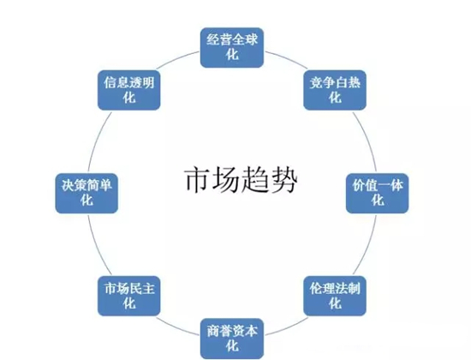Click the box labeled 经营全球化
[232, 47]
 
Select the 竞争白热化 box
[335, 90]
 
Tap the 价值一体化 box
[378, 194]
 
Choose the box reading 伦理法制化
[335, 296]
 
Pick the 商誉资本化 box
[232, 339]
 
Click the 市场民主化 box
[129, 296]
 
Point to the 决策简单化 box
[86, 194]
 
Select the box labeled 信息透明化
[129, 90]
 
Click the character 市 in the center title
[197, 180]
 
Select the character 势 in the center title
[283, 180]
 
